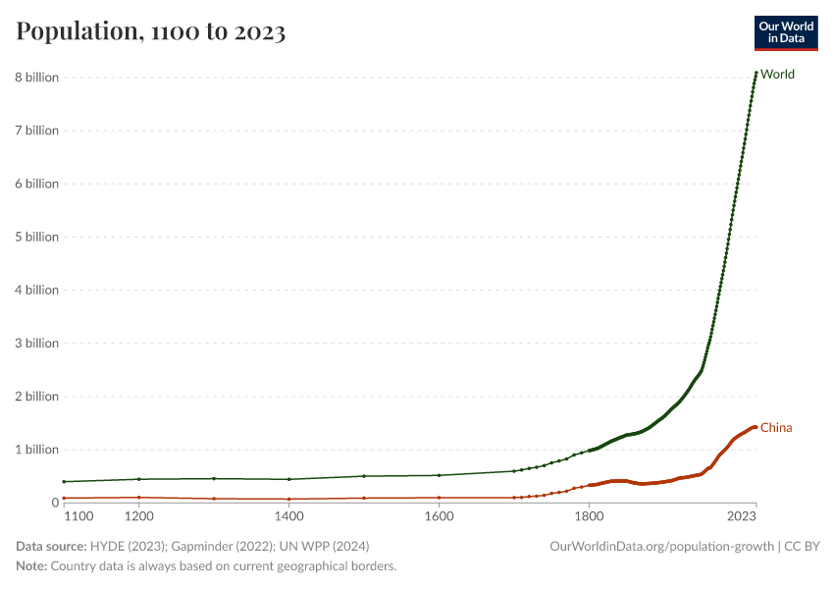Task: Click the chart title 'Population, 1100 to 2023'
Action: click(151, 32)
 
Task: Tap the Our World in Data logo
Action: click(785, 32)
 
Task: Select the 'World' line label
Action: click(777, 75)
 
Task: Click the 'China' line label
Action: click(776, 428)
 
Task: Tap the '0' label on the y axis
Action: click(55, 503)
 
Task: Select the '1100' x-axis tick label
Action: click(77, 515)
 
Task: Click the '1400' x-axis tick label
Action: click(288, 515)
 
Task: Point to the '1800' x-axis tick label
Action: click(589, 515)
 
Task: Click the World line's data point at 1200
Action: click(139, 479)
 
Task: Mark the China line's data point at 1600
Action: click(439, 498)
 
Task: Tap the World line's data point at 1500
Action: click(364, 476)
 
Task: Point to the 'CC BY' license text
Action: click(802, 546)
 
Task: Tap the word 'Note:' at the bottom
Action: click(31, 566)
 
